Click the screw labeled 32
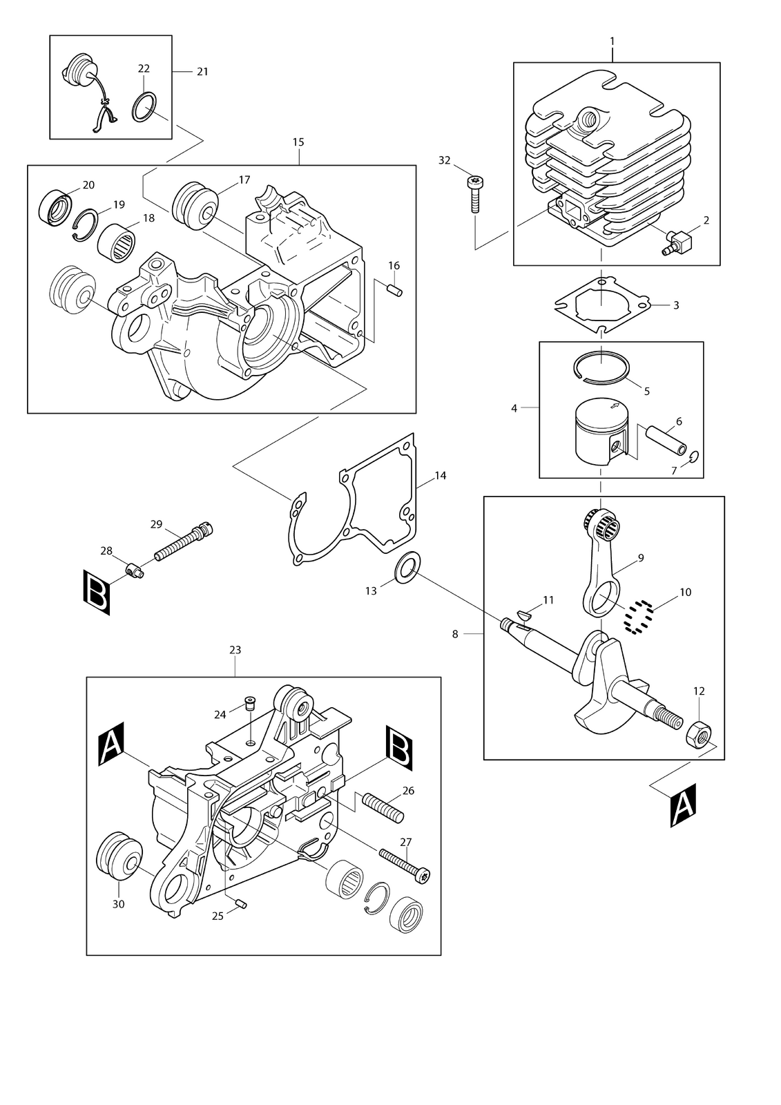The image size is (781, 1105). coord(475,194)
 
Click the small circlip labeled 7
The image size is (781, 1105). coord(694,457)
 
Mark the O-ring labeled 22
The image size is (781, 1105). coord(144,106)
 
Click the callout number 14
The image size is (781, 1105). coord(440,476)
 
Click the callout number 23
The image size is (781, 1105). coord(235,650)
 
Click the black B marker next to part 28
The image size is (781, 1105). coord(97,593)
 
